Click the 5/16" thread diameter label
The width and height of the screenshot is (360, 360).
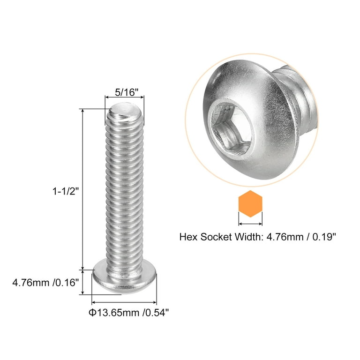click(x=127, y=92)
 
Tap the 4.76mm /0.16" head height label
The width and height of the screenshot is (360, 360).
click(x=44, y=284)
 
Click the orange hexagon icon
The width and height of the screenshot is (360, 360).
click(x=251, y=204)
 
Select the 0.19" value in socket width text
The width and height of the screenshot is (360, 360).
click(x=323, y=237)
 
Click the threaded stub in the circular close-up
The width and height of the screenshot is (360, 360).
click(x=295, y=98)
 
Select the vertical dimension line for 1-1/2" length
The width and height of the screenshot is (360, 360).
click(x=83, y=187)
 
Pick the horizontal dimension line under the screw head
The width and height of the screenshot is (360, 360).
click(x=125, y=303)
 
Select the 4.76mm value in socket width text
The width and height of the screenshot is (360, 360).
click(x=280, y=237)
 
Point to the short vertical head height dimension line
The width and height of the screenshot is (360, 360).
click(x=83, y=282)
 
